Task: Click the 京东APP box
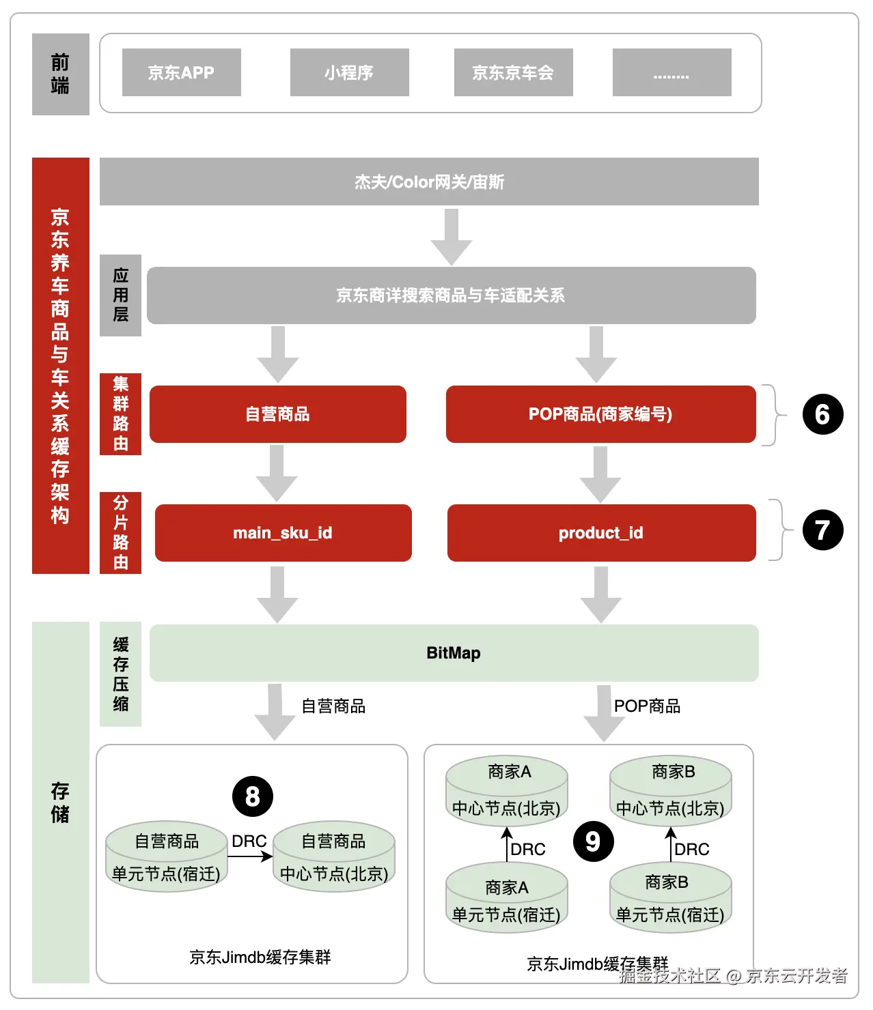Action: click(x=181, y=72)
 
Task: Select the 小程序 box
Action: click(x=349, y=72)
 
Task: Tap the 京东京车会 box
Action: click(x=513, y=72)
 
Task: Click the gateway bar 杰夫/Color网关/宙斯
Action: click(x=429, y=182)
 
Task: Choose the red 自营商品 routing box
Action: click(x=277, y=414)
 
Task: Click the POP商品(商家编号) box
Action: click(x=600, y=414)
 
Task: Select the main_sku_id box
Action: click(x=283, y=533)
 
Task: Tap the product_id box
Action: click(x=601, y=533)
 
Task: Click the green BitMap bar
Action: click(x=454, y=653)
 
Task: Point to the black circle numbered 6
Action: click(x=822, y=414)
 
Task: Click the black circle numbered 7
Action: click(x=822, y=530)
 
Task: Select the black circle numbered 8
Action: click(x=253, y=796)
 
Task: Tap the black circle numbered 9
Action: click(x=593, y=841)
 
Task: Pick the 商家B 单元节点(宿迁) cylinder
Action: click(x=670, y=898)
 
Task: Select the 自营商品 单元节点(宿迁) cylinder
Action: click(x=166, y=857)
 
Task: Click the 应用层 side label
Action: click(x=120, y=295)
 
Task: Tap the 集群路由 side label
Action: click(x=120, y=414)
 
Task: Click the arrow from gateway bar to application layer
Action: click(x=451, y=236)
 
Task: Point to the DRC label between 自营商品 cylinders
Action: click(x=249, y=841)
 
